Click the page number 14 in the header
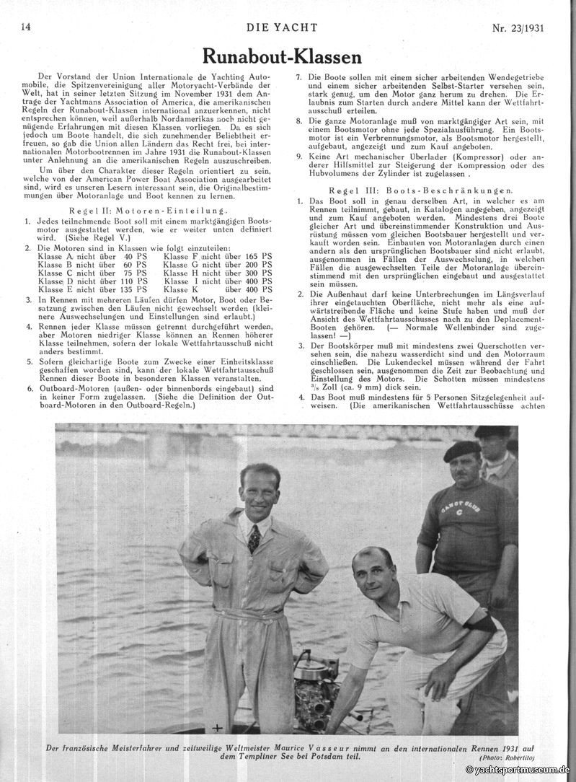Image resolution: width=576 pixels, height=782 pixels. tap(25, 27)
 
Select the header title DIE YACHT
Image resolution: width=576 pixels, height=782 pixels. tap(287, 27)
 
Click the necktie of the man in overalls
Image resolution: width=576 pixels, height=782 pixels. tap(254, 537)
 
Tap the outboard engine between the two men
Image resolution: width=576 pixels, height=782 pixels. tap(315, 685)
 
